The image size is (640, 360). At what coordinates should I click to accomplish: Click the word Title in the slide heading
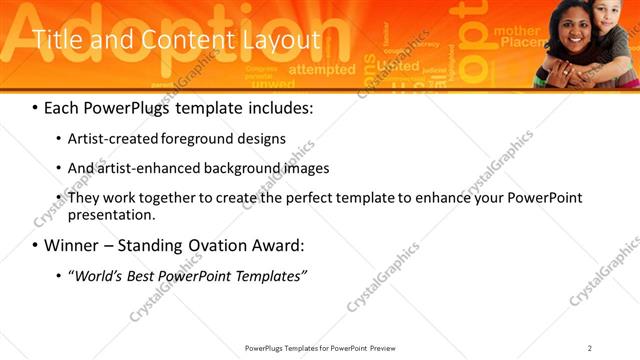pyautogui.click(x=58, y=40)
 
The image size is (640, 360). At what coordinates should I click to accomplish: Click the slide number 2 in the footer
pyautogui.click(x=590, y=348)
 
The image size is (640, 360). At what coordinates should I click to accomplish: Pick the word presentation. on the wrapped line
pyautogui.click(x=112, y=215)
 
